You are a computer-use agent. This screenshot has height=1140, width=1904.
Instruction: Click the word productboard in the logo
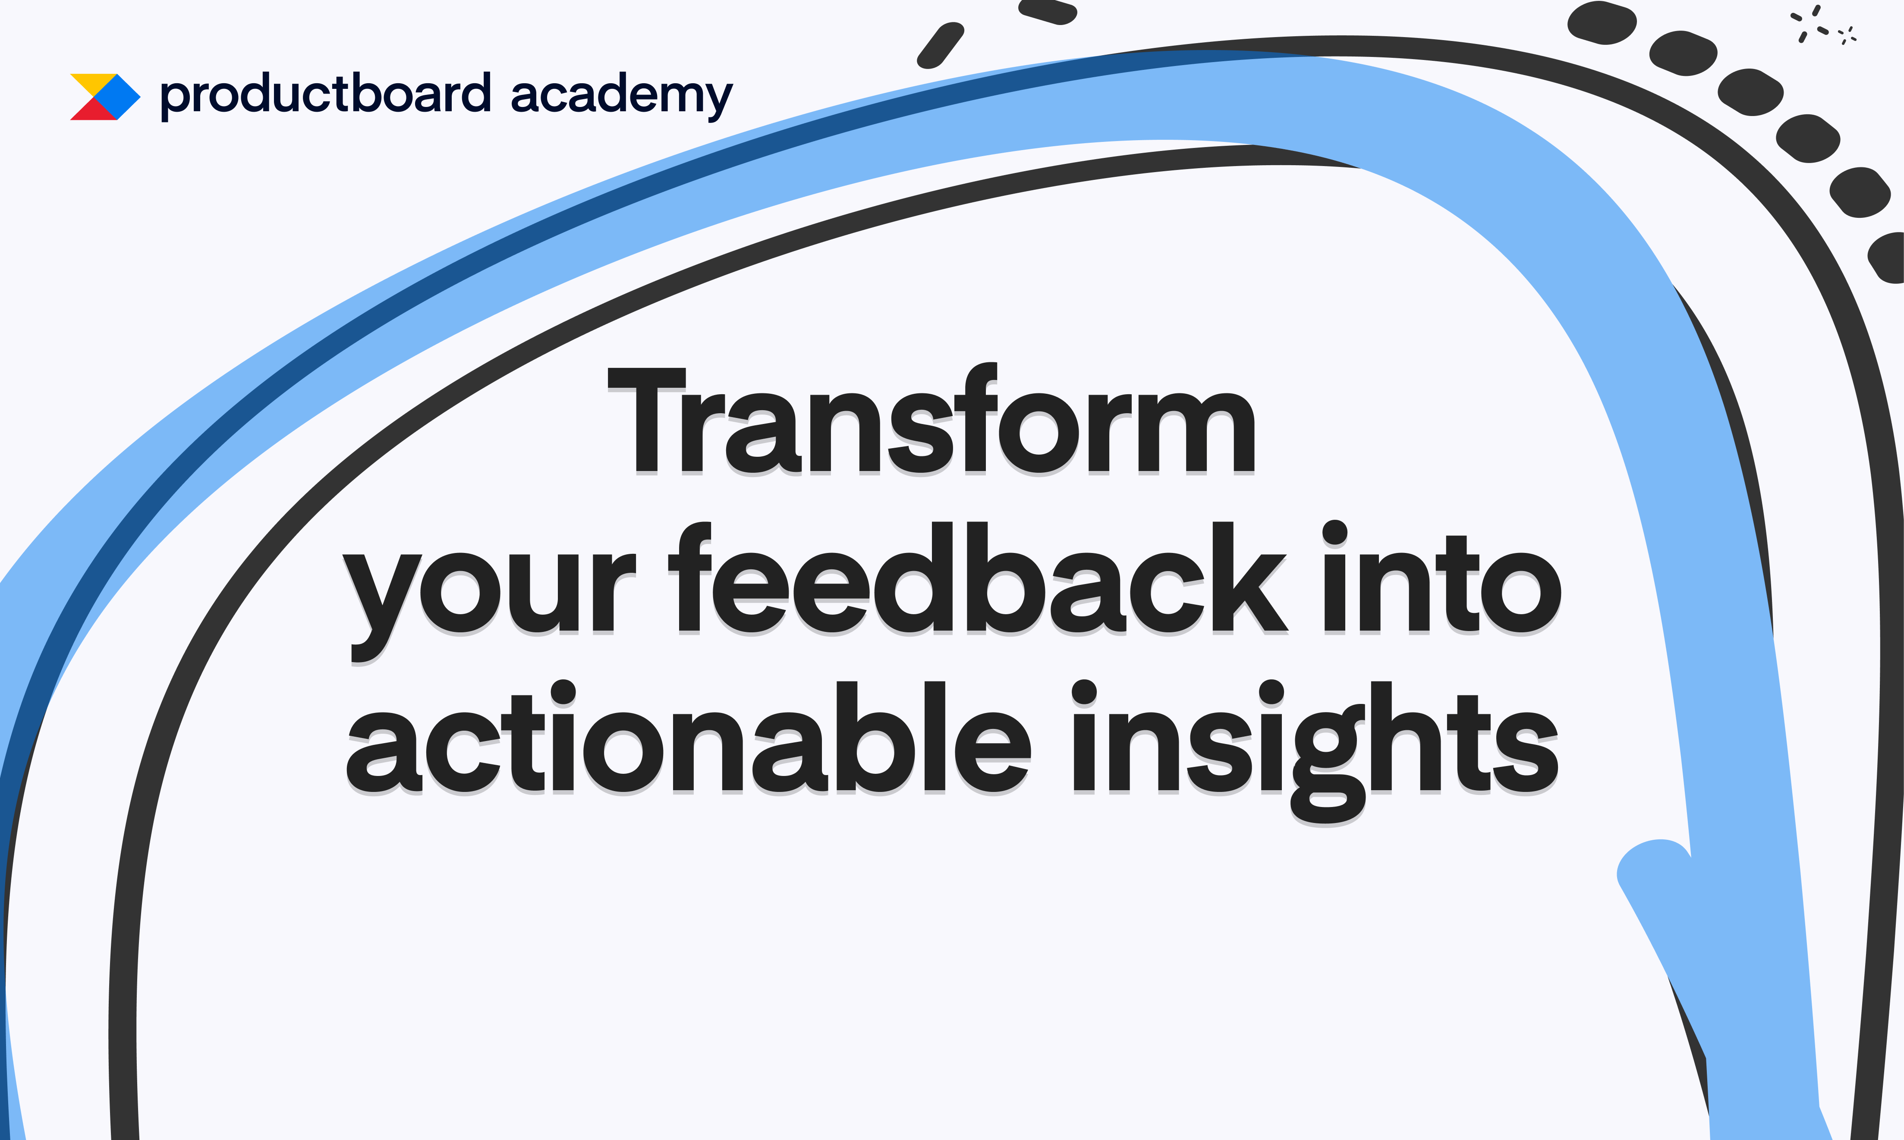coord(325,95)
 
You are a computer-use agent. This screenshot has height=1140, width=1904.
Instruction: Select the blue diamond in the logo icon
coord(117,97)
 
